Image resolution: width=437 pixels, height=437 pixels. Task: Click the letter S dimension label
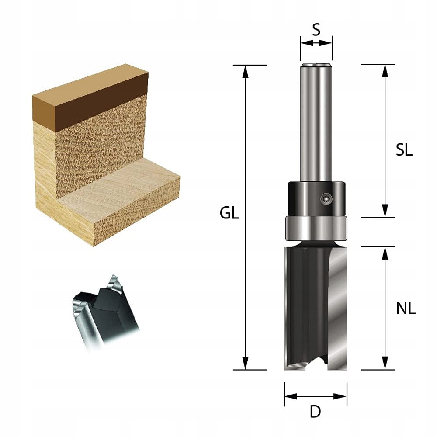316,30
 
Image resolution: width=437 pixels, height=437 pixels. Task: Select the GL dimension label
229,214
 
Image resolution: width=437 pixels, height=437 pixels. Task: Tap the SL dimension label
404,150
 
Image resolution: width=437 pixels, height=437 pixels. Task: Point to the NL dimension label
406,309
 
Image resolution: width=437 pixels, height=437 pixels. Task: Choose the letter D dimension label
315,412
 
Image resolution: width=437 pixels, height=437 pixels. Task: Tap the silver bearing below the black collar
316,228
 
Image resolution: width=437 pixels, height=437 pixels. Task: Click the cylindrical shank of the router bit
316,122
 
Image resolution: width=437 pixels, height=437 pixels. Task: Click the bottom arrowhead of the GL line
246,364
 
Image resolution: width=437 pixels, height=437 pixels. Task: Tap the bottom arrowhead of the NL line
385,364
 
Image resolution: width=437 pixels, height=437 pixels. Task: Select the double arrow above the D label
316,396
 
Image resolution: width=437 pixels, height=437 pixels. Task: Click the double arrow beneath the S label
316,43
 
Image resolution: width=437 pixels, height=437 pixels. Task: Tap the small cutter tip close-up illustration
105,310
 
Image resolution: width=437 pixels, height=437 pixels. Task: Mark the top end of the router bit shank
316,66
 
